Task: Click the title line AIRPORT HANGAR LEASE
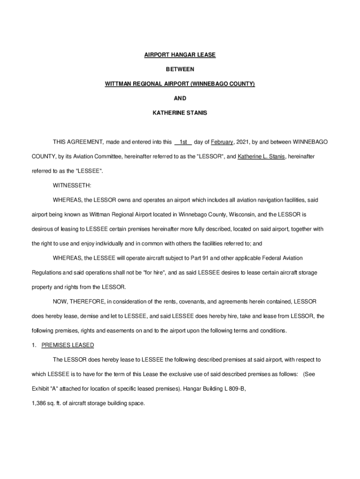(x=180, y=55)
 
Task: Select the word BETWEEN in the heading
(x=180, y=69)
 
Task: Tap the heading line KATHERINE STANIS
(x=180, y=113)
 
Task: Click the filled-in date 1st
(x=183, y=142)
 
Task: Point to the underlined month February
(x=222, y=142)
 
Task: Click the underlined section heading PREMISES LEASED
(x=68, y=345)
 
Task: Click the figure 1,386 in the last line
(x=39, y=403)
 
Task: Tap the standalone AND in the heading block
(x=180, y=98)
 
